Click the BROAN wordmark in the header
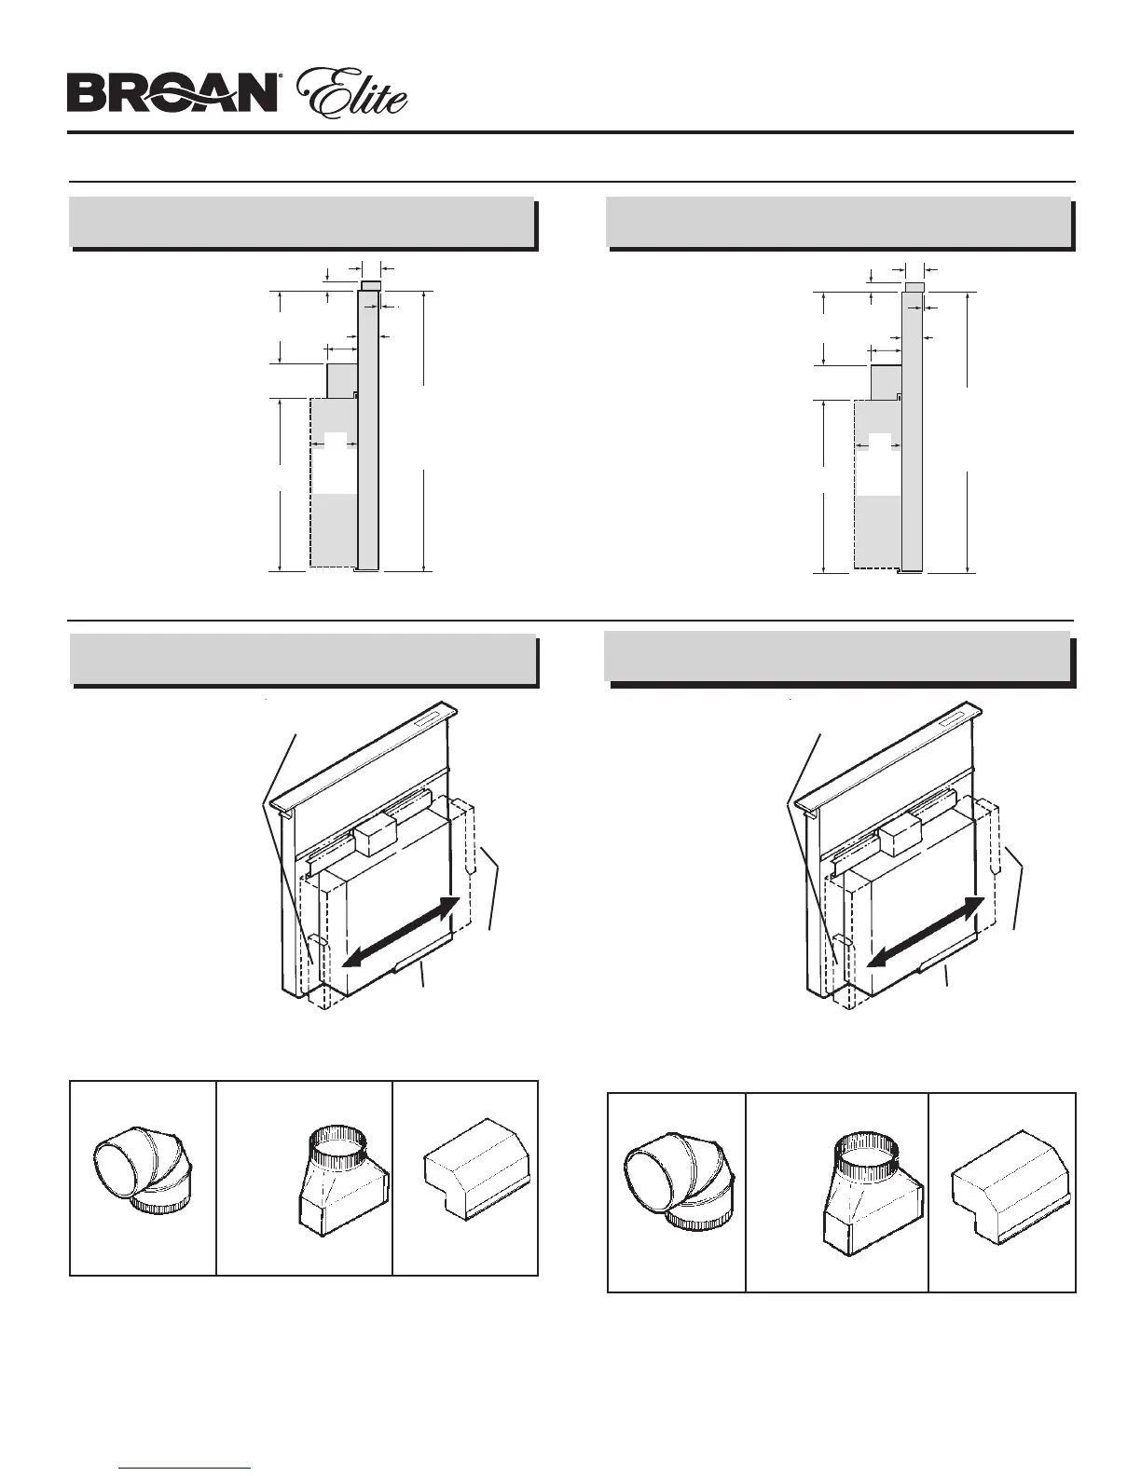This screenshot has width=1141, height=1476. point(172,93)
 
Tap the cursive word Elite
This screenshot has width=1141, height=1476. point(351,95)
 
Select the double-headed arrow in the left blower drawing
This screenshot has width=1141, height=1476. point(399,933)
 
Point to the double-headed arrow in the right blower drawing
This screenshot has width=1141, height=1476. point(925,933)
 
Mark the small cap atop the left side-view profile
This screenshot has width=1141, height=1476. point(370,285)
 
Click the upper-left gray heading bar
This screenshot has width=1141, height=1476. point(302,222)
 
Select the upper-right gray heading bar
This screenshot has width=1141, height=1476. point(837,222)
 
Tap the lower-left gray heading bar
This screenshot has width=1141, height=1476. point(303,659)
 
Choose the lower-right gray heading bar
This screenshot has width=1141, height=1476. point(836,657)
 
